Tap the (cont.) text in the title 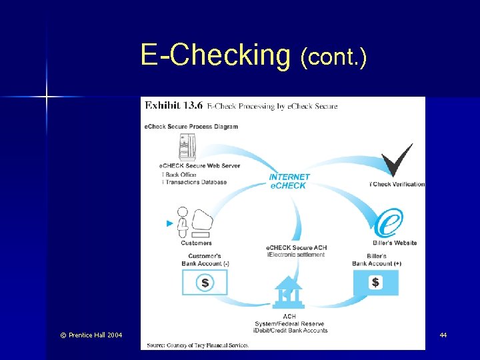click(x=333, y=58)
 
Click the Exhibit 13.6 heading click(x=172, y=105)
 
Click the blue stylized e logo click(x=388, y=223)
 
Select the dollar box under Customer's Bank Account click(x=205, y=283)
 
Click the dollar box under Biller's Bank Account click(x=375, y=283)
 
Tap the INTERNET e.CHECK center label click(x=289, y=181)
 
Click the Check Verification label click(x=398, y=185)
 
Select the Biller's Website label click(x=392, y=243)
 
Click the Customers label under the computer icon click(x=197, y=243)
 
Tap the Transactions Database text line click(x=195, y=182)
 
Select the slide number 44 click(x=443, y=335)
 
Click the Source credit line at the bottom click(x=195, y=345)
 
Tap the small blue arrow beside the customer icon click(x=169, y=223)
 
